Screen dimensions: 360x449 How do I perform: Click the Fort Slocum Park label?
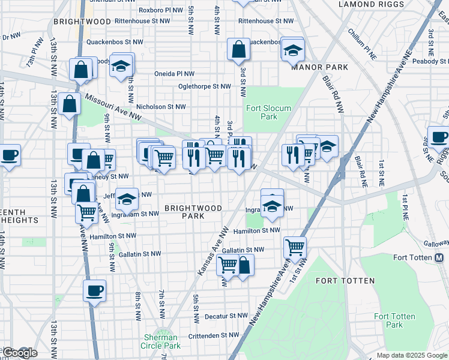click(x=261, y=112)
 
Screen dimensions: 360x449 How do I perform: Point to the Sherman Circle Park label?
click(x=160, y=341)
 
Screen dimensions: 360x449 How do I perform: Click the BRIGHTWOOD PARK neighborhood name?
click(x=193, y=212)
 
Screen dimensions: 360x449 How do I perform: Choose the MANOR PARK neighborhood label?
click(x=320, y=67)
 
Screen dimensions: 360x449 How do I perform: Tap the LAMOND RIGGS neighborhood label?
click(x=363, y=4)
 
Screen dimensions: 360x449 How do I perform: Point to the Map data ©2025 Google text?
click(x=412, y=355)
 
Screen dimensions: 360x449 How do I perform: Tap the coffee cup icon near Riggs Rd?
click(x=438, y=137)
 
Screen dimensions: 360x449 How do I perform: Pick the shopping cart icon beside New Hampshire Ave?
click(x=295, y=246)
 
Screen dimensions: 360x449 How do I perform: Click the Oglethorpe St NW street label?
click(x=204, y=86)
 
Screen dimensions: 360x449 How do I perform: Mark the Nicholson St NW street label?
click(x=161, y=107)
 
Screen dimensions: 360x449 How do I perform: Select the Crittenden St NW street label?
click(x=218, y=336)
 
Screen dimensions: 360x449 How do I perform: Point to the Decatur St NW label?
click(x=226, y=316)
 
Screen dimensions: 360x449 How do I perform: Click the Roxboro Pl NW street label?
click(x=160, y=10)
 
